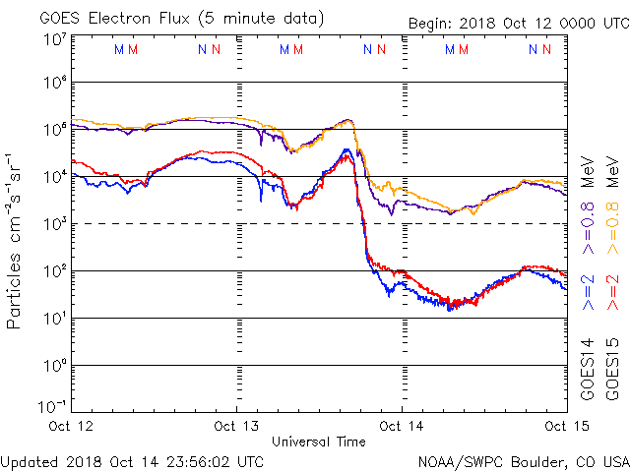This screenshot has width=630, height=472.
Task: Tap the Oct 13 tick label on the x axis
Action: pyautogui.click(x=236, y=426)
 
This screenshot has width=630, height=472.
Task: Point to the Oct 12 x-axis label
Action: pyautogui.click(x=72, y=426)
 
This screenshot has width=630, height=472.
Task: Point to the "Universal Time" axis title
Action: pyautogui.click(x=318, y=442)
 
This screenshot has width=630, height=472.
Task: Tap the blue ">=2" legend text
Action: pyautogui.click(x=587, y=292)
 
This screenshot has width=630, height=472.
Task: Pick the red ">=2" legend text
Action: pyautogui.click(x=611, y=292)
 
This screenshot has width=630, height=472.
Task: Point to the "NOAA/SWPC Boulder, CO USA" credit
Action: pyautogui.click(x=523, y=460)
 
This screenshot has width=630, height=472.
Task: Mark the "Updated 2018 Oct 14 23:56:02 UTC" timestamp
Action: pyautogui.click(x=132, y=460)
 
